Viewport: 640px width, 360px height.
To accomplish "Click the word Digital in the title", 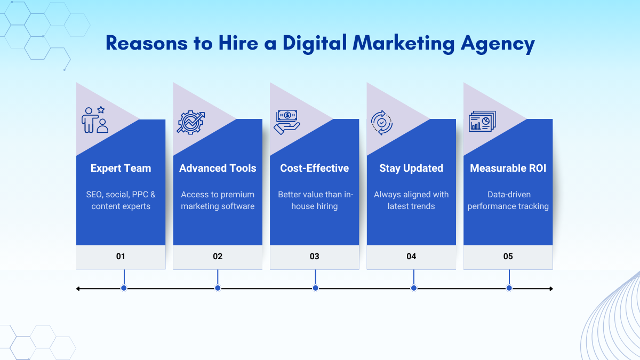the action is click(315, 43).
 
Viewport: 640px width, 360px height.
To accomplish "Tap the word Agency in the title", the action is click(498, 44).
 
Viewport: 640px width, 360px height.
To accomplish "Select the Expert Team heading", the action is click(121, 169).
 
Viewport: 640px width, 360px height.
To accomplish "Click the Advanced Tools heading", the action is click(218, 168).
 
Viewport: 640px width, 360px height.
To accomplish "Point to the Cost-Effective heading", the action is click(314, 168).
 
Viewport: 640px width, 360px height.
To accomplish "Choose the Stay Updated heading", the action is click(411, 169).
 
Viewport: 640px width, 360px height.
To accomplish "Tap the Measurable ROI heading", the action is click(508, 168).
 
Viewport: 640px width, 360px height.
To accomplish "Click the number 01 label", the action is click(121, 257).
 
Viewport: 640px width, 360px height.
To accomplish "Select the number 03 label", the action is click(314, 257).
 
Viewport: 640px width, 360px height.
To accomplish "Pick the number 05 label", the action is click(508, 257).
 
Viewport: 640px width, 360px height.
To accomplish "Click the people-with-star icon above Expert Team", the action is click(95, 119).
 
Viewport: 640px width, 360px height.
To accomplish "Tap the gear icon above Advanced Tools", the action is click(190, 122).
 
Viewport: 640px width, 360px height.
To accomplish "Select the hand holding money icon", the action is click(287, 122).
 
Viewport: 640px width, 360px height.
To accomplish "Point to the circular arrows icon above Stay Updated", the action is click(382, 123).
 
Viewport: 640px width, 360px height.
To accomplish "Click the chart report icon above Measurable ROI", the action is click(482, 121).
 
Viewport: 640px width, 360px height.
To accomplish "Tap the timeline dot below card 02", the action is click(218, 288).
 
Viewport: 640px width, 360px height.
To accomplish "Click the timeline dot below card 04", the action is click(414, 288).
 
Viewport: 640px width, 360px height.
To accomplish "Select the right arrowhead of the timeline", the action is click(551, 289).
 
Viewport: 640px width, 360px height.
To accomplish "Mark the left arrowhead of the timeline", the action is click(78, 289).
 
